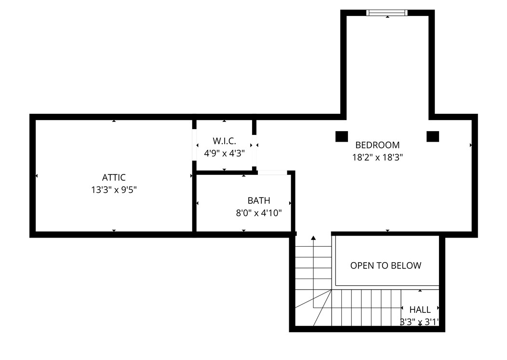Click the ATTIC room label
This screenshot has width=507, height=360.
pos(114,177)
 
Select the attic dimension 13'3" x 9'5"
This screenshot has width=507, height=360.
pos(114,190)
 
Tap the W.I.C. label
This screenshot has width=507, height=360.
pos(224,141)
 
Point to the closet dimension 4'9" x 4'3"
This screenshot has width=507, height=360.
pos(224,153)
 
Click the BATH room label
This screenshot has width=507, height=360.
pos(259,200)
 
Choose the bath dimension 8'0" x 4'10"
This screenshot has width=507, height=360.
pos(259,213)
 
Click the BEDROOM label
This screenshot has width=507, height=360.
pos(377,145)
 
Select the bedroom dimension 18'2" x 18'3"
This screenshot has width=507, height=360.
pos(377,157)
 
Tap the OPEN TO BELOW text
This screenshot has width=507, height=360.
pos(386,266)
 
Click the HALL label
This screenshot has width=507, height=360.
pos(420,310)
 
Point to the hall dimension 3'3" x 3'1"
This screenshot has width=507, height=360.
pos(419,322)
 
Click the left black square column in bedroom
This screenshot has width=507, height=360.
pos(342,136)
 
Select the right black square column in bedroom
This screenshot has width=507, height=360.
pos(433,136)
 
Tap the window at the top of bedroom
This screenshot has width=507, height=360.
pos(387,13)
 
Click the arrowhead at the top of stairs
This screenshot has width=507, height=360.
pos(313,238)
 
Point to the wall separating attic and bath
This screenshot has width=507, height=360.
pos(194,202)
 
